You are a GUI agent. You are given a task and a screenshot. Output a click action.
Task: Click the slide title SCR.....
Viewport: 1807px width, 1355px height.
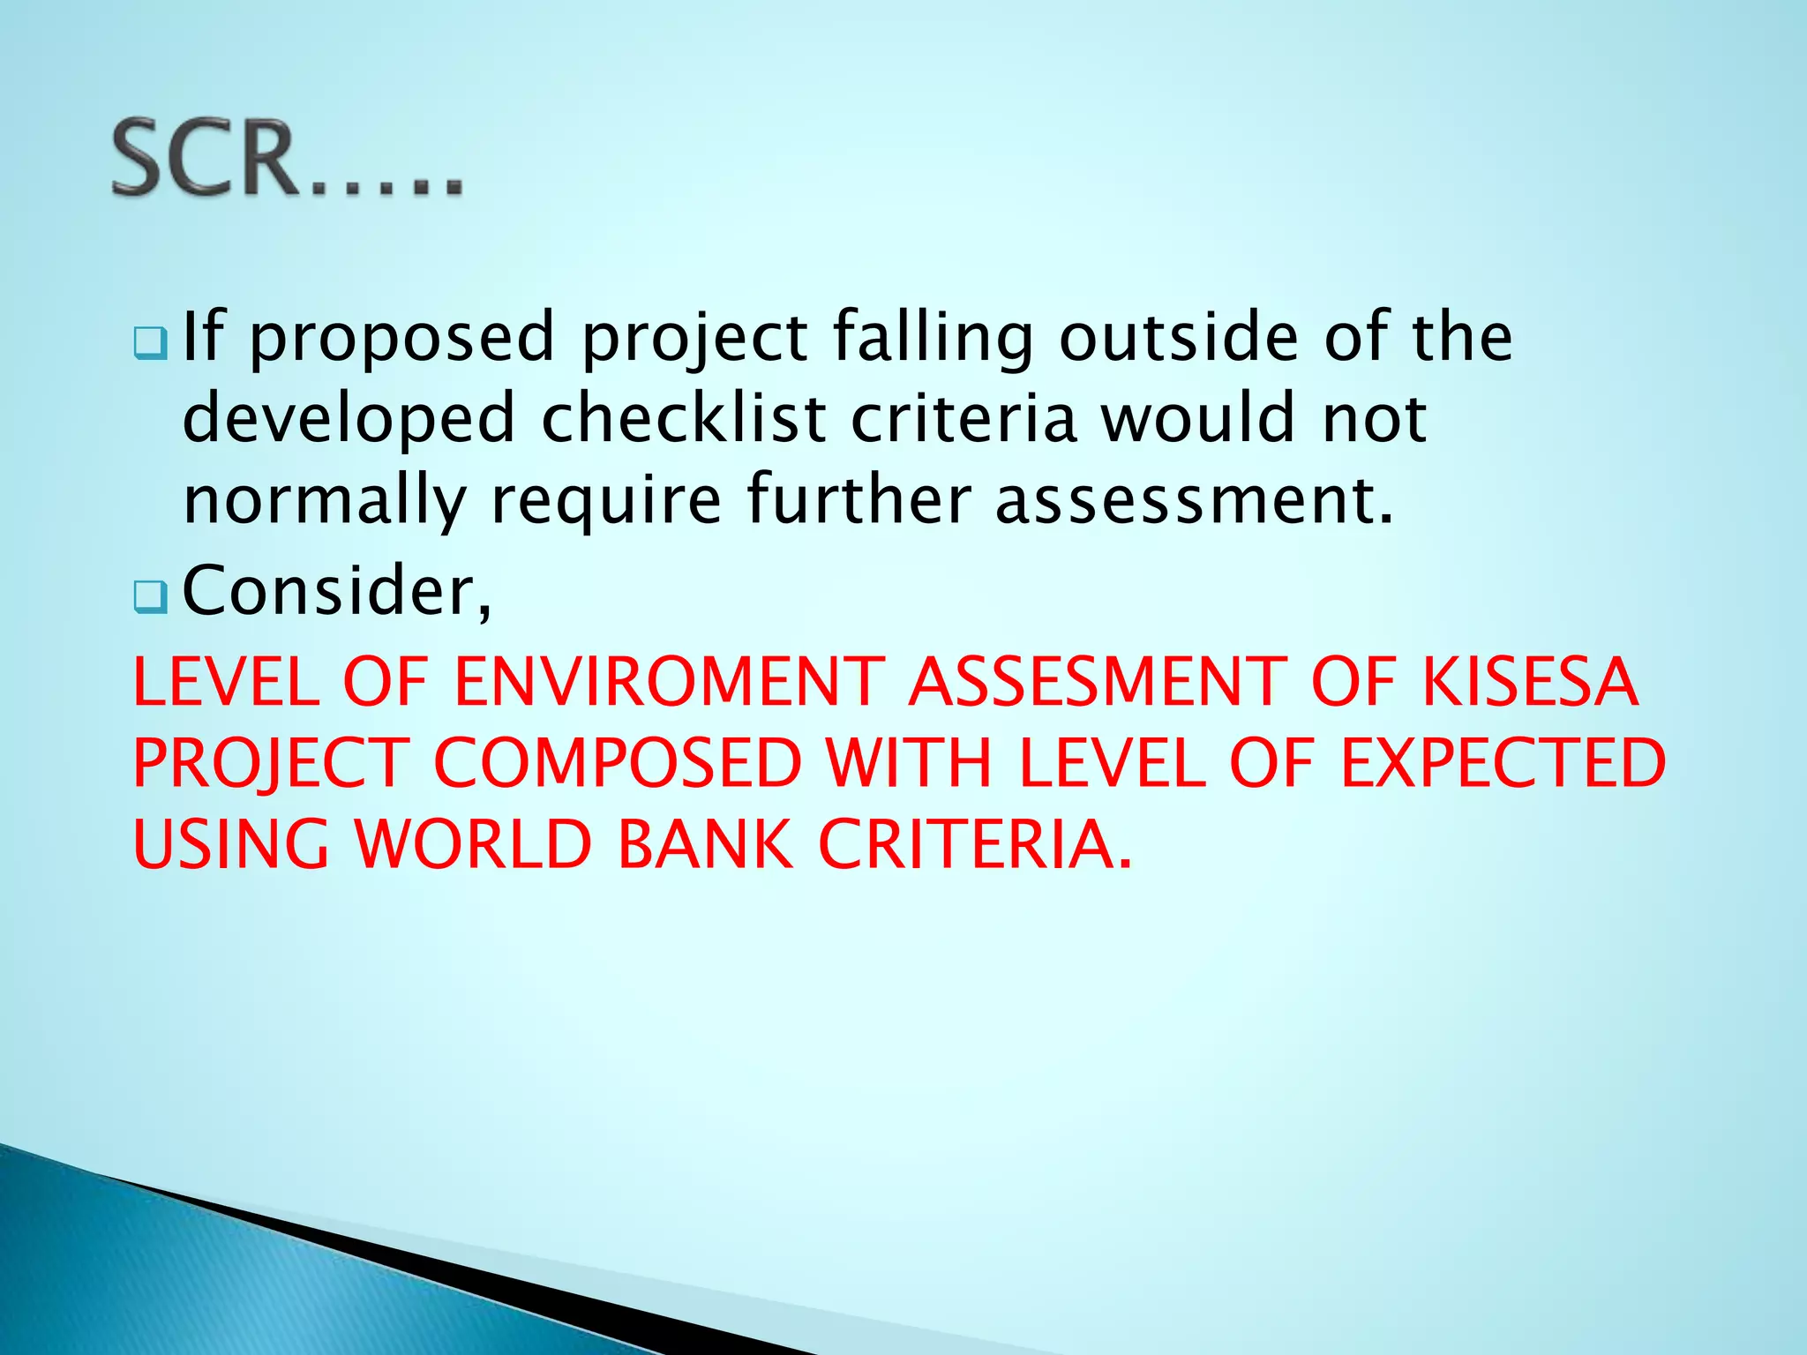click(x=287, y=159)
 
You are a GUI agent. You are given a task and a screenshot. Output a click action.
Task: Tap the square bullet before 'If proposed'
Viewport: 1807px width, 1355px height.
click(x=151, y=342)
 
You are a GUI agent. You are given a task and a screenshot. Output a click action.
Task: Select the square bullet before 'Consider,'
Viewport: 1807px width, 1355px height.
click(x=151, y=597)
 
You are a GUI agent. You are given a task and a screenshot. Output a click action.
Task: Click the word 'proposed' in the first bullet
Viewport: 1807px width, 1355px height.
click(x=402, y=340)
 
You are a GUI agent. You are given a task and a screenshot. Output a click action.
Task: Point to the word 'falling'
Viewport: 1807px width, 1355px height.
click(x=933, y=340)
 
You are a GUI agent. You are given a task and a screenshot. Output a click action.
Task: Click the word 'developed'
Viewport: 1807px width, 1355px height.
click(x=349, y=421)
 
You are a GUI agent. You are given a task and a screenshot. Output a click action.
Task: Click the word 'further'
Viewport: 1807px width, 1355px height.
click(x=859, y=498)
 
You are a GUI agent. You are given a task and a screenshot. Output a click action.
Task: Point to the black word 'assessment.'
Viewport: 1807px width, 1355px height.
click(x=1195, y=500)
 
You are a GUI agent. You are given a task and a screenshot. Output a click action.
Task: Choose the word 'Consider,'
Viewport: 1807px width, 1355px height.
click(x=336, y=591)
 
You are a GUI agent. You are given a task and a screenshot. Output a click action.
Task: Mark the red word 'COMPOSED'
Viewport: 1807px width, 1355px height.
click(x=618, y=763)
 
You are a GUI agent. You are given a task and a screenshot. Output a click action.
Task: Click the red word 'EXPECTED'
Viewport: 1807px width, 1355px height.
click(x=1503, y=763)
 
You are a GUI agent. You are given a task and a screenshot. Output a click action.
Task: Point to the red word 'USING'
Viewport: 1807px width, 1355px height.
click(x=231, y=844)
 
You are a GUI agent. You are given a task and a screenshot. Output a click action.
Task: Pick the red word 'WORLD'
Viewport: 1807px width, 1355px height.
click(x=473, y=844)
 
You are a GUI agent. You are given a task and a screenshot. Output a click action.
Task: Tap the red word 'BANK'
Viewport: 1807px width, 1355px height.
click(x=705, y=844)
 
